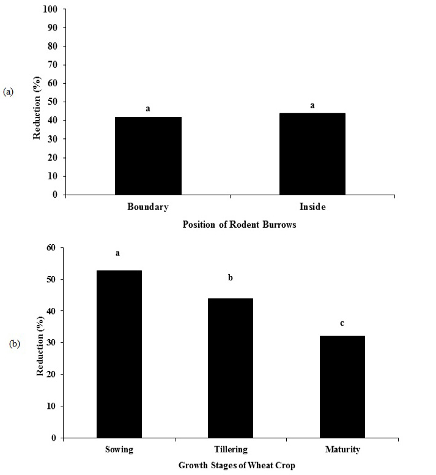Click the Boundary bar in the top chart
pos(148,155)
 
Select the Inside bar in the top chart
pos(312,154)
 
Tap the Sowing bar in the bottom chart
pos(119,354)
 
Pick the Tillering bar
pos(231,368)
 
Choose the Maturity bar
pos(342,387)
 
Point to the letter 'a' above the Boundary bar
pos(148,108)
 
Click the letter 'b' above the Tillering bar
pos(231,277)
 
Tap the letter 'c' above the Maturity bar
pos(342,323)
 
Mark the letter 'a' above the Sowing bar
pos(117,253)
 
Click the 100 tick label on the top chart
pos(50,9)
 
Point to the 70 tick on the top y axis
pos(53,64)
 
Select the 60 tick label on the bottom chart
pos(51,247)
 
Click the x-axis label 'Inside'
pos(312,207)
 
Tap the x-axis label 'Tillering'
pos(231,449)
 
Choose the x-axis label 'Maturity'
pos(342,449)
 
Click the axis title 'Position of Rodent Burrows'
pos(239,225)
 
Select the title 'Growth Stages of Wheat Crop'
pos(237,465)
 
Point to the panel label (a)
pos(8,92)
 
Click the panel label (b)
pos(15,344)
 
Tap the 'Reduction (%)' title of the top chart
pos(37,108)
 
